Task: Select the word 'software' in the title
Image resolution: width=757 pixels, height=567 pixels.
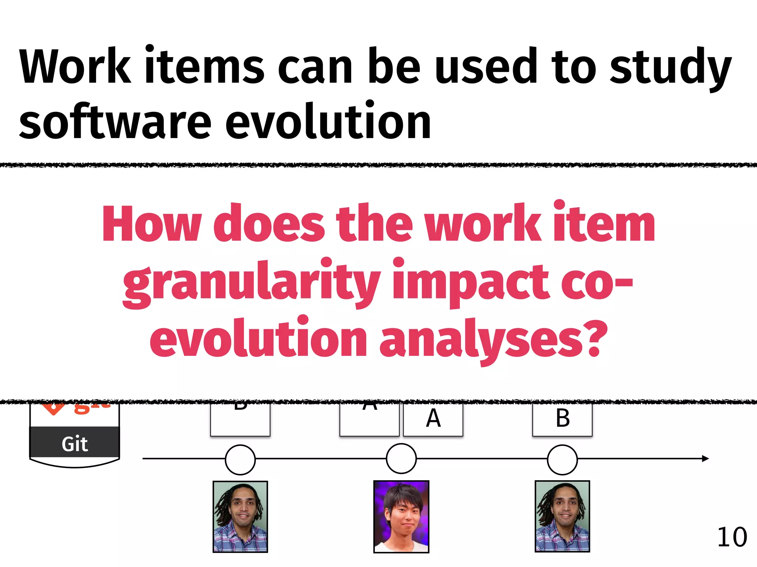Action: tap(115, 122)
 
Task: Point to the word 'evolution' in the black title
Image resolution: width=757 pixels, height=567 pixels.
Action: tap(328, 122)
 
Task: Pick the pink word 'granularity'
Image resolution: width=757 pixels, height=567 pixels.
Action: tap(251, 282)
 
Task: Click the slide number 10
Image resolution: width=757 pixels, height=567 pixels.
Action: tap(731, 537)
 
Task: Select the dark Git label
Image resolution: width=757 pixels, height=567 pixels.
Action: tap(75, 443)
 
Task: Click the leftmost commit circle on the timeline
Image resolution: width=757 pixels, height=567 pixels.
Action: tap(240, 459)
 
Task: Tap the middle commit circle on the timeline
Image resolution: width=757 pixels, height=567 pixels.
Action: tap(401, 459)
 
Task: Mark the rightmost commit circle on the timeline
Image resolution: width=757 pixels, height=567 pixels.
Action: tap(562, 459)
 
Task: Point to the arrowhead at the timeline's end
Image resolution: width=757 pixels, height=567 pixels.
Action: tap(705, 458)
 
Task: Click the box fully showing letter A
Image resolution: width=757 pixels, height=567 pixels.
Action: tap(433, 419)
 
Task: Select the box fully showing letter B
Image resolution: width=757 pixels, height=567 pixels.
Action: tap(562, 419)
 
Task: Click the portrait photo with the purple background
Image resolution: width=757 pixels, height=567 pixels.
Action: tap(401, 516)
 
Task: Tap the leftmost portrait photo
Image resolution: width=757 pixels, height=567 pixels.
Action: tap(240, 516)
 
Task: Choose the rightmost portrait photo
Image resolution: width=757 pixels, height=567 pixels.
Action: tap(562, 516)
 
